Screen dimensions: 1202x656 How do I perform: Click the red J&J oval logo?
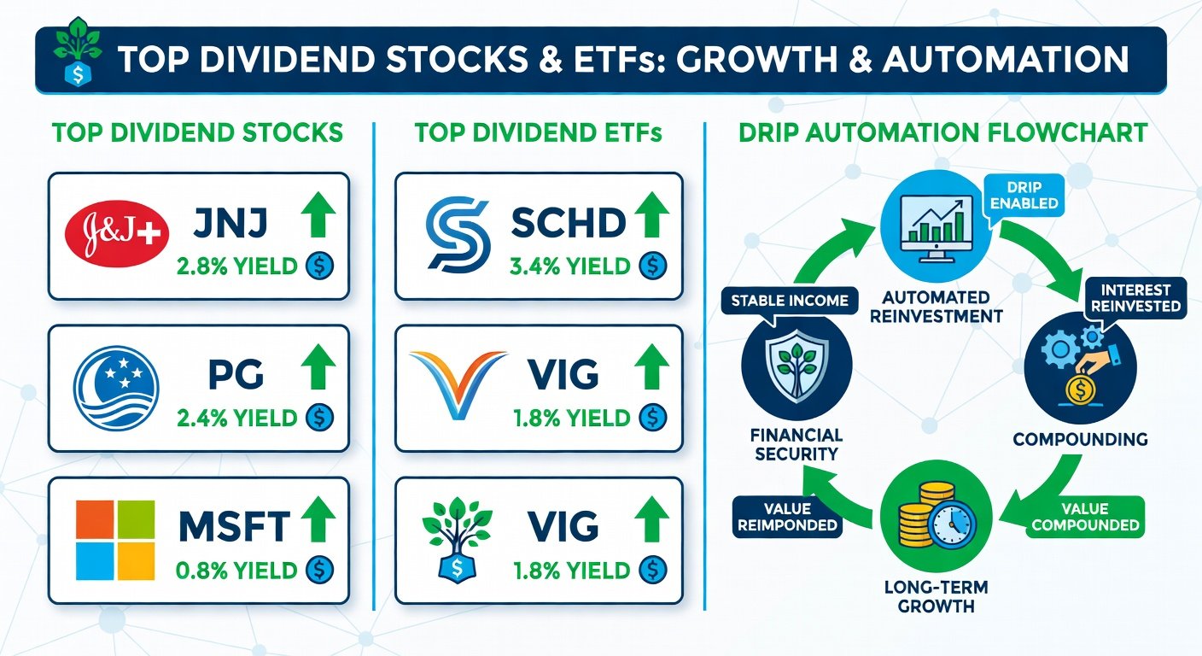pos(116,235)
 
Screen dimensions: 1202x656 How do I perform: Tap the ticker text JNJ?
pos(230,223)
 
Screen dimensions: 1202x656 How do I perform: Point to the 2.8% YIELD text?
pos(236,266)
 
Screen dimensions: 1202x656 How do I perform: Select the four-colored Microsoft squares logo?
pos(115,540)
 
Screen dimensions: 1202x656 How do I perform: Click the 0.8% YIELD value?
pos(236,570)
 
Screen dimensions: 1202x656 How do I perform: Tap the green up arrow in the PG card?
pos(318,366)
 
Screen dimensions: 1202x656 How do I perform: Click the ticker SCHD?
pos(569,223)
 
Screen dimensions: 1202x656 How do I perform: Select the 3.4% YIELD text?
pos(569,266)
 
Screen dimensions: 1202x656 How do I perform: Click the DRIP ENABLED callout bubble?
pos(1024,196)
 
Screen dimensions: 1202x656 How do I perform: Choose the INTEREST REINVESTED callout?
pos(1135,298)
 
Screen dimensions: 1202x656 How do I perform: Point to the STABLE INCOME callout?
pos(790,302)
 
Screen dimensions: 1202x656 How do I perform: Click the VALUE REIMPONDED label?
pos(787,517)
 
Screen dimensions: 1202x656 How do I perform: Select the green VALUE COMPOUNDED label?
pos(1085,517)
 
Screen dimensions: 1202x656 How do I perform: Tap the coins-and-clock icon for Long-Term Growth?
pos(937,516)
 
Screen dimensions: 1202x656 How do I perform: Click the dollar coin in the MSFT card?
pos(319,570)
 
